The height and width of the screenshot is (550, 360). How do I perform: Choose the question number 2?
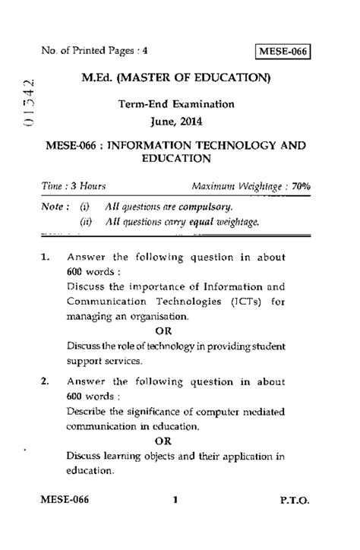(x=46, y=381)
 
